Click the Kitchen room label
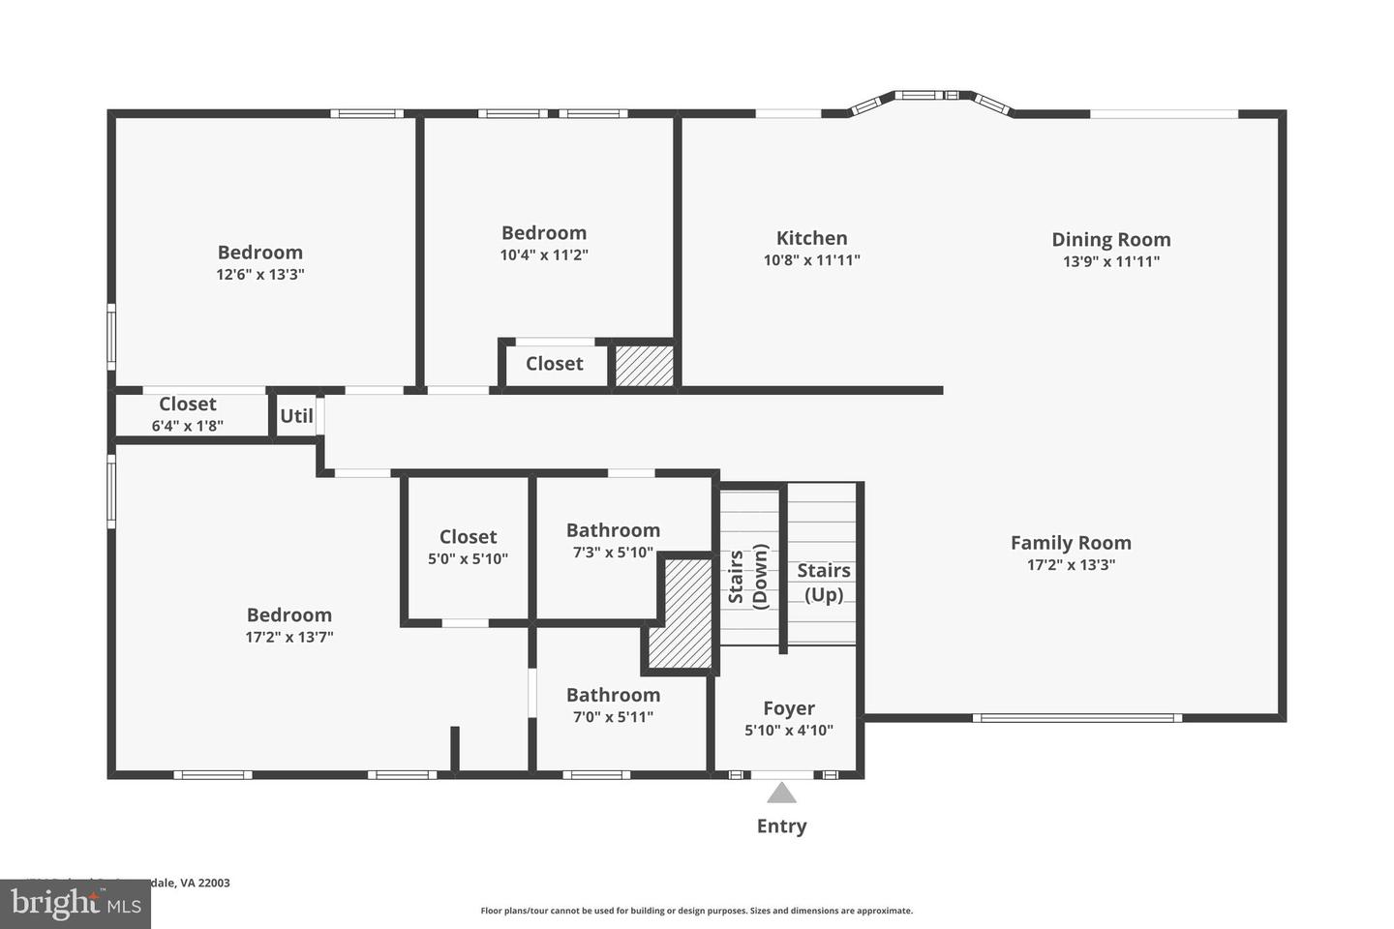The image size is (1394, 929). (811, 238)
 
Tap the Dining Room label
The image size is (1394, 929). (1110, 239)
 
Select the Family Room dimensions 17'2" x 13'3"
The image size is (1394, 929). (1071, 565)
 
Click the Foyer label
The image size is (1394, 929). (788, 708)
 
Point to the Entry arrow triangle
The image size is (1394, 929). (781, 794)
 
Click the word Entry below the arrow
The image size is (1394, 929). (781, 826)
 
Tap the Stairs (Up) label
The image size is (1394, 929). (824, 583)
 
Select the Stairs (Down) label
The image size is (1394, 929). (748, 576)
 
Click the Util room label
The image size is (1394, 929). (296, 416)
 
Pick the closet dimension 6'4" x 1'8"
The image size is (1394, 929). (187, 426)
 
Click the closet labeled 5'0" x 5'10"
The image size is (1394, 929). (468, 548)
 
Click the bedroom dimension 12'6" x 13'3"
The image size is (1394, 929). (259, 275)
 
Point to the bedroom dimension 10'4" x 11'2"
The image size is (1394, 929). (544, 255)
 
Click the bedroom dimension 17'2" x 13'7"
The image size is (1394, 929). (288, 638)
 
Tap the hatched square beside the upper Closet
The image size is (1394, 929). (645, 366)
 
